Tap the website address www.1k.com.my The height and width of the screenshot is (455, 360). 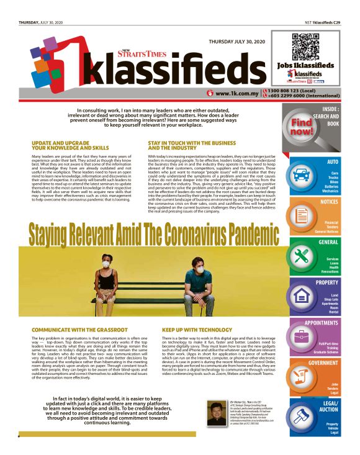[236, 93]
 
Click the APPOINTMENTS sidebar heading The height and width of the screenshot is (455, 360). [322, 323]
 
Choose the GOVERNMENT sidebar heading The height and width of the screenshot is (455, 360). [323, 363]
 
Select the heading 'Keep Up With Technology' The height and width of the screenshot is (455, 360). [197, 330]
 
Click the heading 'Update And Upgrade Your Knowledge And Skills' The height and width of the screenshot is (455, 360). [70, 145]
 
